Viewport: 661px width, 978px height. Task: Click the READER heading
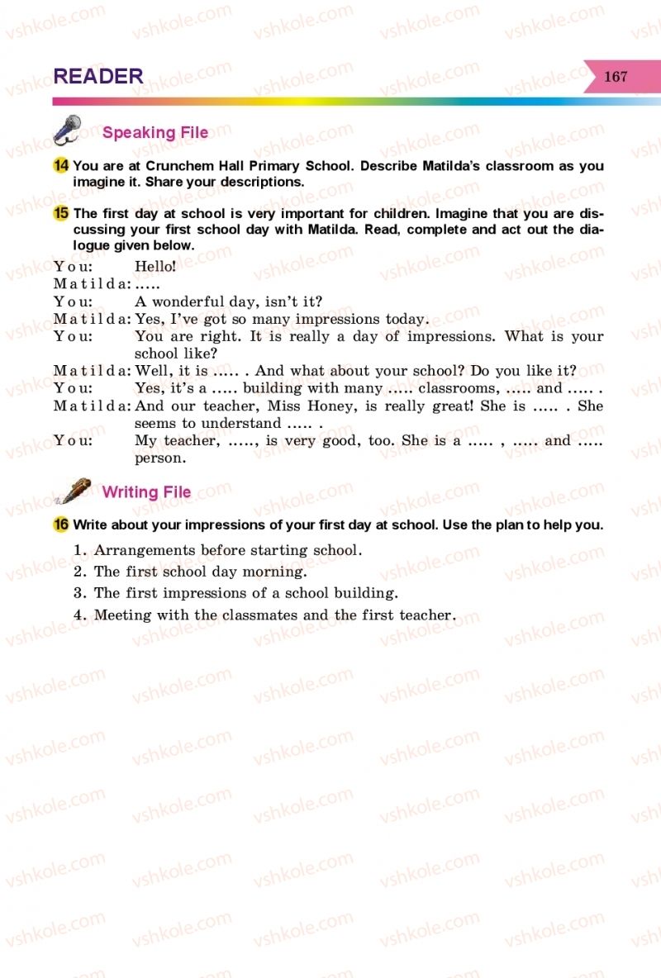[x=98, y=76]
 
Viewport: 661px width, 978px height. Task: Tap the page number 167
[x=616, y=77]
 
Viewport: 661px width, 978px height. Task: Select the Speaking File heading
[x=155, y=132]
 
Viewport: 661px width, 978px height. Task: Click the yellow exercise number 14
[x=60, y=166]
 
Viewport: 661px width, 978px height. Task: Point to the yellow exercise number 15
[x=60, y=214]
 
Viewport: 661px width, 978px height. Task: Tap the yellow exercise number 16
[x=60, y=525]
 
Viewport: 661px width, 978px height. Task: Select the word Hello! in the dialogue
[x=155, y=266]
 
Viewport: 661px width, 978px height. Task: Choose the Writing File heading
[x=146, y=492]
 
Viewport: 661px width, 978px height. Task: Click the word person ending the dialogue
[x=160, y=458]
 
